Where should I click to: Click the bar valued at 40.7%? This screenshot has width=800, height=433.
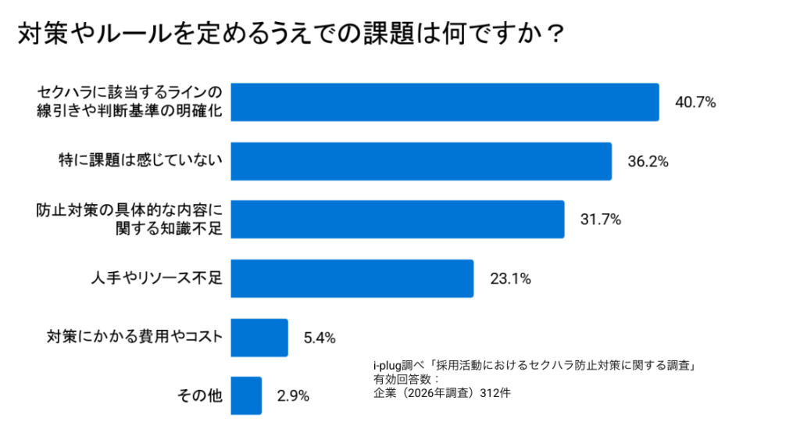[445, 102]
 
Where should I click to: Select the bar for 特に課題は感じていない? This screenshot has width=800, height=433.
[421, 160]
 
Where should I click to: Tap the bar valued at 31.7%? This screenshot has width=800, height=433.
[398, 219]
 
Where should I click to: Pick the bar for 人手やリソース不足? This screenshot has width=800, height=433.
[352, 278]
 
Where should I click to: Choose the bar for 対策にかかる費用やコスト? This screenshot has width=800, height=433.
[259, 338]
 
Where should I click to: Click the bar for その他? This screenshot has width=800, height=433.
[246, 395]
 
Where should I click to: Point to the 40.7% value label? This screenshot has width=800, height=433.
[695, 102]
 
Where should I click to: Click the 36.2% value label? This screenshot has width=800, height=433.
[648, 161]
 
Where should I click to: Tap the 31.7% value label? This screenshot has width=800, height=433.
[600, 220]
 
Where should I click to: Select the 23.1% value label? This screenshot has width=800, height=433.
[510, 279]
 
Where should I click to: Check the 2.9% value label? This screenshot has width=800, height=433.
[292, 396]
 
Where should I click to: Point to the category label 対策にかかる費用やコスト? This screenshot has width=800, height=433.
[135, 338]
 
